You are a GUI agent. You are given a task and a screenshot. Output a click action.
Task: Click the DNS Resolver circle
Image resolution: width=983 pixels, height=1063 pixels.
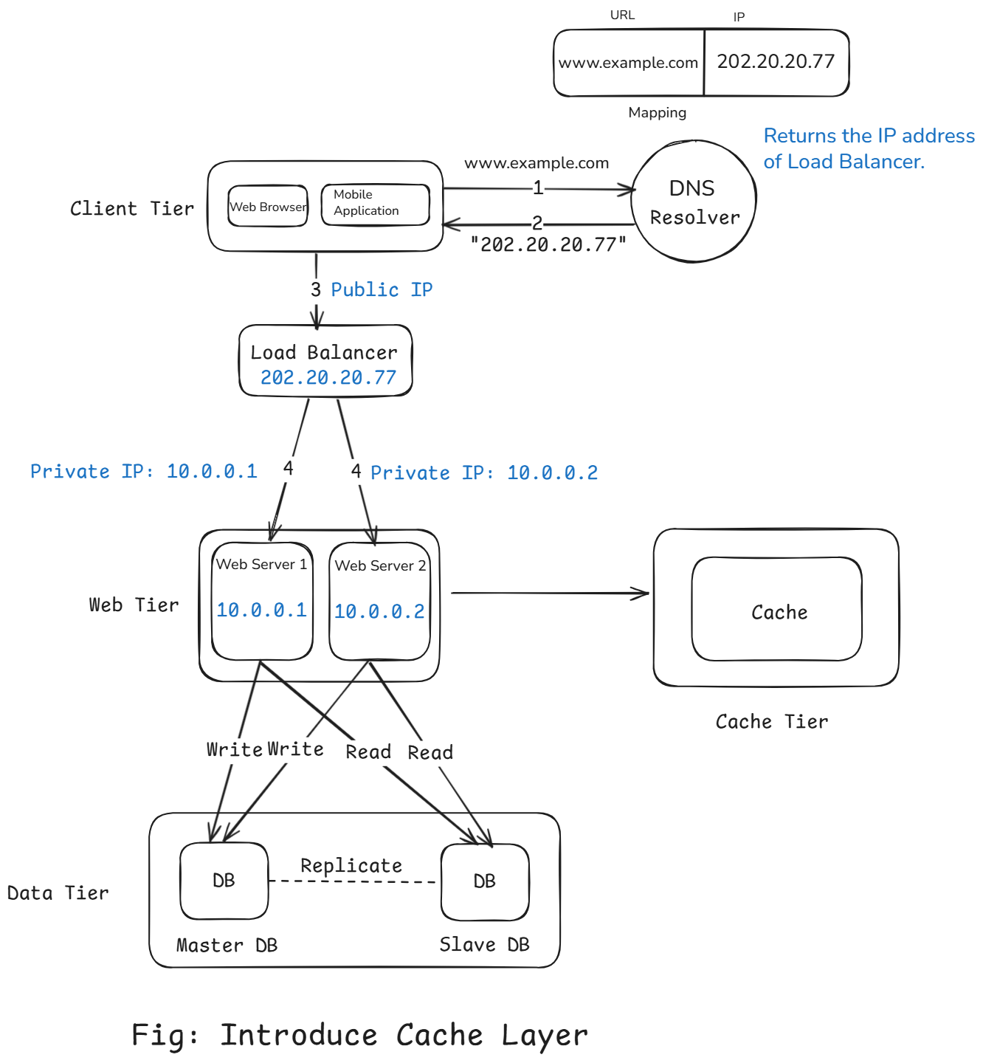693,202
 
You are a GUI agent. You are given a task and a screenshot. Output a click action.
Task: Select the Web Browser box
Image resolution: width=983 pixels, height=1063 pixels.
268,207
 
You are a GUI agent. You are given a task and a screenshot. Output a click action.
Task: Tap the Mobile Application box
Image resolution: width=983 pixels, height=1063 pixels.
375,204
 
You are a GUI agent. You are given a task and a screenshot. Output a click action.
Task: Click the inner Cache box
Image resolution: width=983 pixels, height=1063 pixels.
777,610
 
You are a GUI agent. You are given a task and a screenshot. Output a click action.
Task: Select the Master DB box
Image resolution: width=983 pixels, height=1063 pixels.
224,881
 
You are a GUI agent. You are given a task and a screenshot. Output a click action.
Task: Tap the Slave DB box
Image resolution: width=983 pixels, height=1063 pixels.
485,881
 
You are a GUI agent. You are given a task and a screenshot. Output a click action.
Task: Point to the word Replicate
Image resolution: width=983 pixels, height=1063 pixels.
351,865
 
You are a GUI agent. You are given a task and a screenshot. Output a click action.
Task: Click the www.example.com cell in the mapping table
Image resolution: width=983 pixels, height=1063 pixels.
628,63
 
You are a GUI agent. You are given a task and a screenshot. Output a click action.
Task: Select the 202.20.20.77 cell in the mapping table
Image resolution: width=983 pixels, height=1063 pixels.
776,62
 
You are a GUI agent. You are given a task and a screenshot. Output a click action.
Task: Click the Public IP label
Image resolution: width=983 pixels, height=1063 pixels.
382,289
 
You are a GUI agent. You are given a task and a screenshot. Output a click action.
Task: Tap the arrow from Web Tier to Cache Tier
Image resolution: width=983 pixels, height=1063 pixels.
550,592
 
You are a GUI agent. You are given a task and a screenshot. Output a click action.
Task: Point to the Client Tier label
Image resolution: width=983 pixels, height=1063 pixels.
132,209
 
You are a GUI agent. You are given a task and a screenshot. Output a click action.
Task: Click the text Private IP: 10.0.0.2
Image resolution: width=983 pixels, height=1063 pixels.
484,472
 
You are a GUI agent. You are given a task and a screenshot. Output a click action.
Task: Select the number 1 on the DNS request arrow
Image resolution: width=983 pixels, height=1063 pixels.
538,188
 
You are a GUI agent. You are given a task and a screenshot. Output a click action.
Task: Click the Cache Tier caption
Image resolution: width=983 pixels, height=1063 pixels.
772,721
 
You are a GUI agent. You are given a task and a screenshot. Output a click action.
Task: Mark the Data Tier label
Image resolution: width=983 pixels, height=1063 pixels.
58,893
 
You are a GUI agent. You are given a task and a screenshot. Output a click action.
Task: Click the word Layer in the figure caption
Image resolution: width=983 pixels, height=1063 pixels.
545,1036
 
